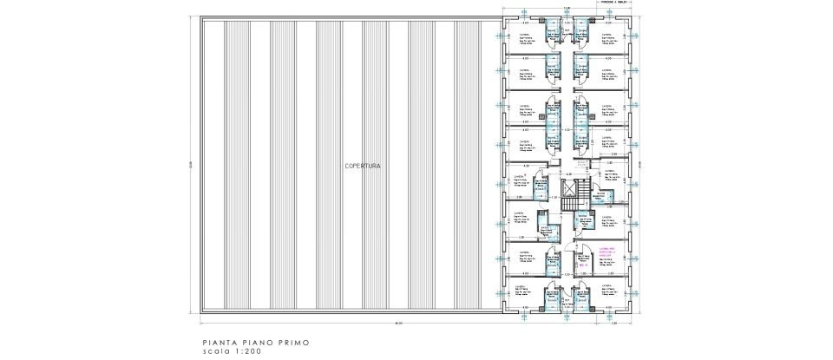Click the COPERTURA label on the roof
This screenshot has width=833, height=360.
(363, 165)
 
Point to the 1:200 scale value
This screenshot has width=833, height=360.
(242, 352)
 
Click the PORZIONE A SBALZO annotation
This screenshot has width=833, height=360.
(612, 3)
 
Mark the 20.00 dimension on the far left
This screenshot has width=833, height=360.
(189, 165)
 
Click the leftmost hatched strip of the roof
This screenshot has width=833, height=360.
(213, 165)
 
